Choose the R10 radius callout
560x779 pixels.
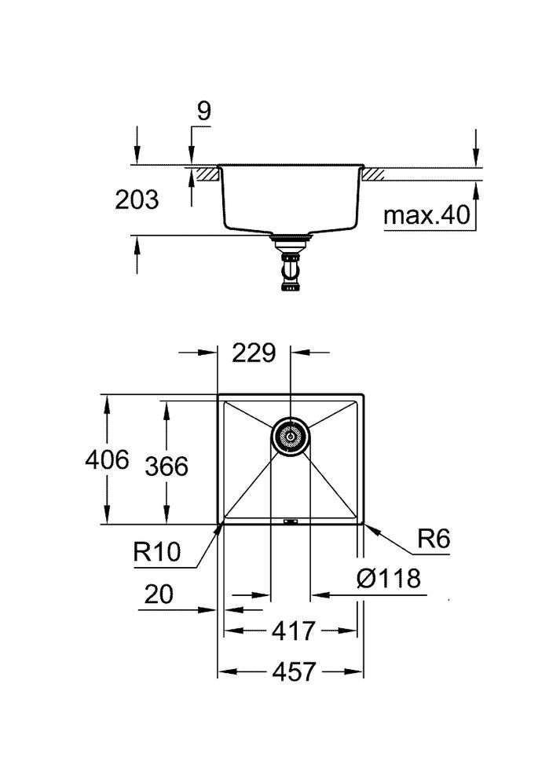158,553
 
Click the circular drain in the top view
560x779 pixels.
290,435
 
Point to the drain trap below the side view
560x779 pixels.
291,267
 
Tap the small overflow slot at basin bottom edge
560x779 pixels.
290,520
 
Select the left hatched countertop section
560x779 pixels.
206,173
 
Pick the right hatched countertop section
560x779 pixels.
372,173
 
